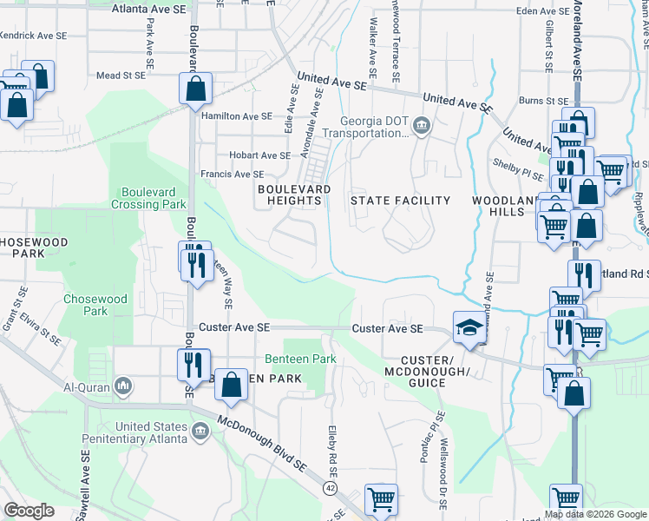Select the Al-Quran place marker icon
point(123,385)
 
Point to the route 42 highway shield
point(331,489)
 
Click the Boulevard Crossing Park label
point(148,199)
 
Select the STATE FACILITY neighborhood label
point(400,201)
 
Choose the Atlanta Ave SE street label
point(149,9)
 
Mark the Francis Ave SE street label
point(233,175)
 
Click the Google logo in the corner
point(29,511)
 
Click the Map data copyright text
point(594,514)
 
